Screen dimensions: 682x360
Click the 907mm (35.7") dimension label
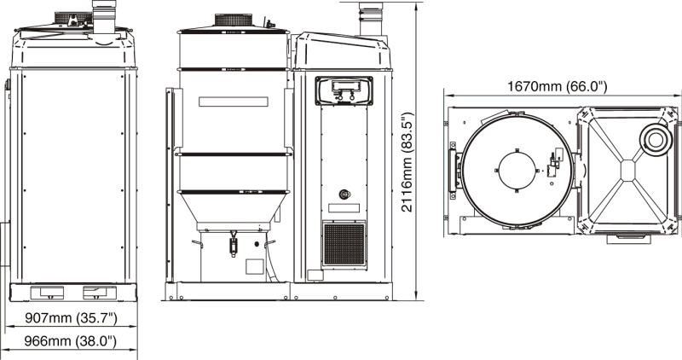tap(71, 318)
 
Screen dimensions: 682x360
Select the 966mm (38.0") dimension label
tap(70, 340)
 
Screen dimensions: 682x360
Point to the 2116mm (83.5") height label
tap(407, 162)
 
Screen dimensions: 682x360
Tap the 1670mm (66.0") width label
tap(557, 86)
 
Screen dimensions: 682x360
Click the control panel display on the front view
tap(344, 91)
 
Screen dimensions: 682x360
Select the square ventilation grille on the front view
tap(344, 244)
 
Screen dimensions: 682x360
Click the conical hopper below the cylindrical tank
tap(233, 208)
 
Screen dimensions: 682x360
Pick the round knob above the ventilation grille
tap(344, 194)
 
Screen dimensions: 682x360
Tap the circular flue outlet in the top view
tap(655, 139)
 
